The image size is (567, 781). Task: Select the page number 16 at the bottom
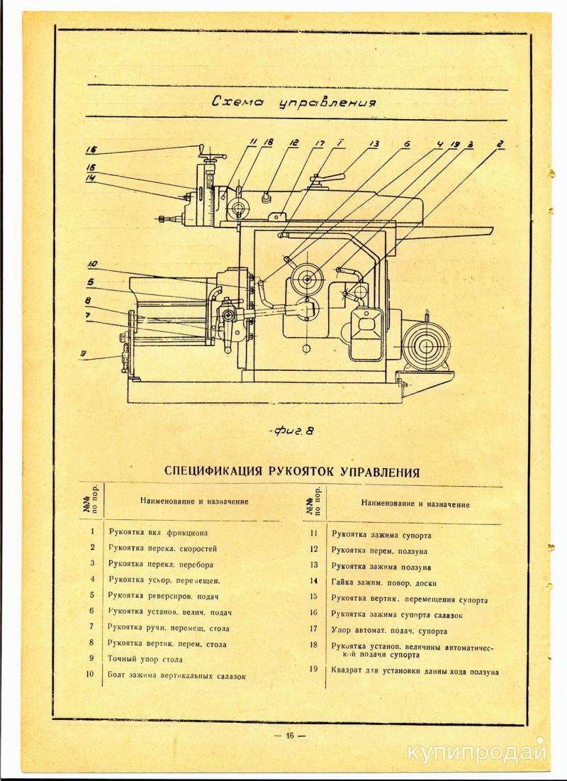290,735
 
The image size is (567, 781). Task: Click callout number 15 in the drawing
91,150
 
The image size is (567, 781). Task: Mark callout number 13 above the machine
373,143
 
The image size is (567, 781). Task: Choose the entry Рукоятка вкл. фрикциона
159,531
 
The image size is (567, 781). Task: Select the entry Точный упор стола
142,658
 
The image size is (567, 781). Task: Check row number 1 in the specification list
92,531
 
